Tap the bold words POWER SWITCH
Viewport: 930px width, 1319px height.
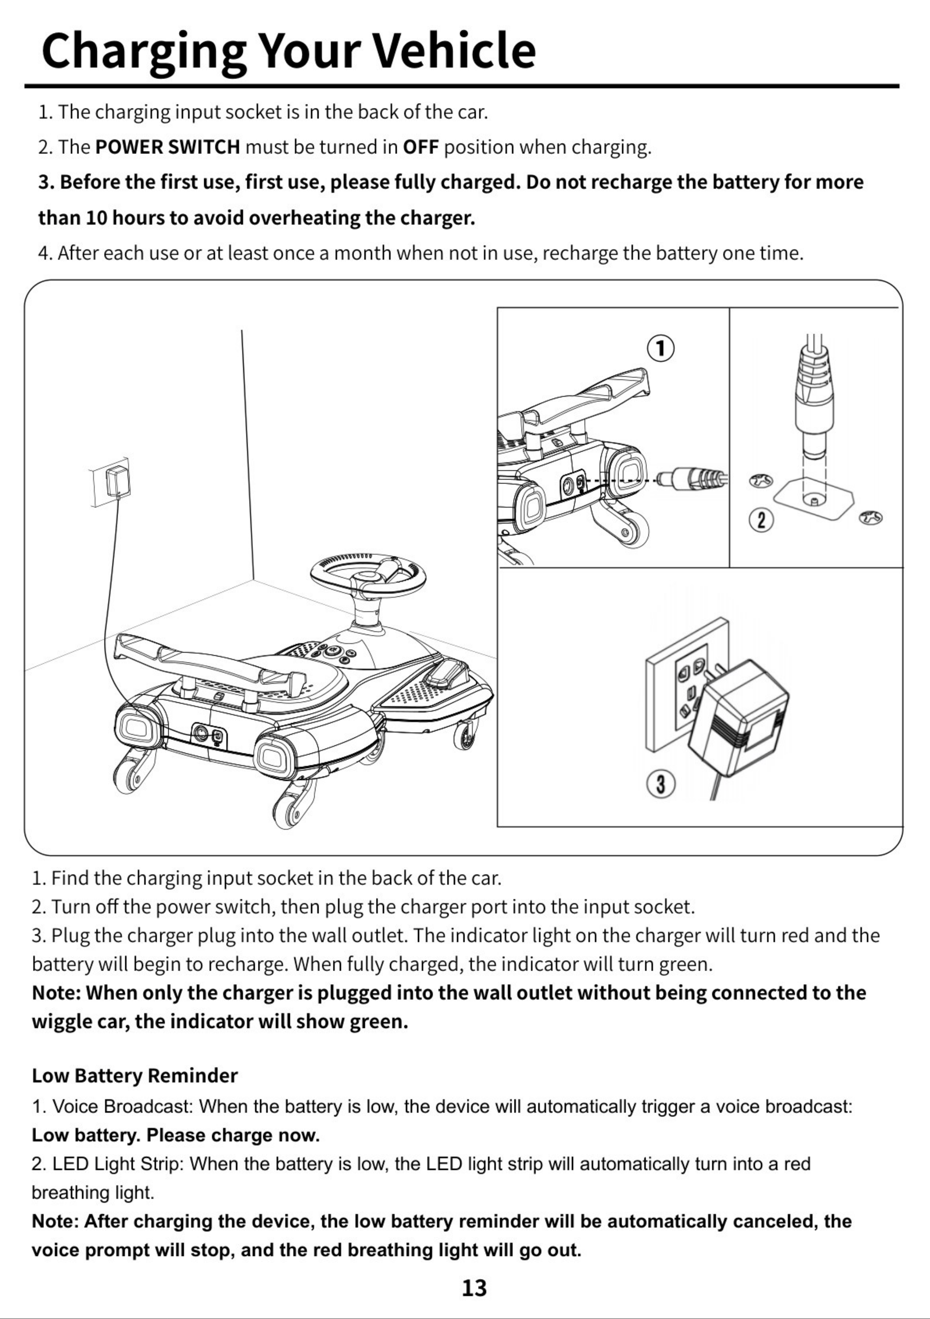(168, 148)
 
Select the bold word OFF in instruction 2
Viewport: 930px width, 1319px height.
(421, 148)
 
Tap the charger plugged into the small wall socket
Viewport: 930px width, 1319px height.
(118, 481)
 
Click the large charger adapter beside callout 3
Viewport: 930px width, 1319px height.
(738, 719)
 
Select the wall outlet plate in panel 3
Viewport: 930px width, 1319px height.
(684, 684)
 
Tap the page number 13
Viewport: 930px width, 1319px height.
(474, 1288)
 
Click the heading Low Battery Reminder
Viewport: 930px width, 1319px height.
(135, 1075)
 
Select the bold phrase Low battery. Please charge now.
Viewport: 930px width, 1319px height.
(175, 1136)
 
